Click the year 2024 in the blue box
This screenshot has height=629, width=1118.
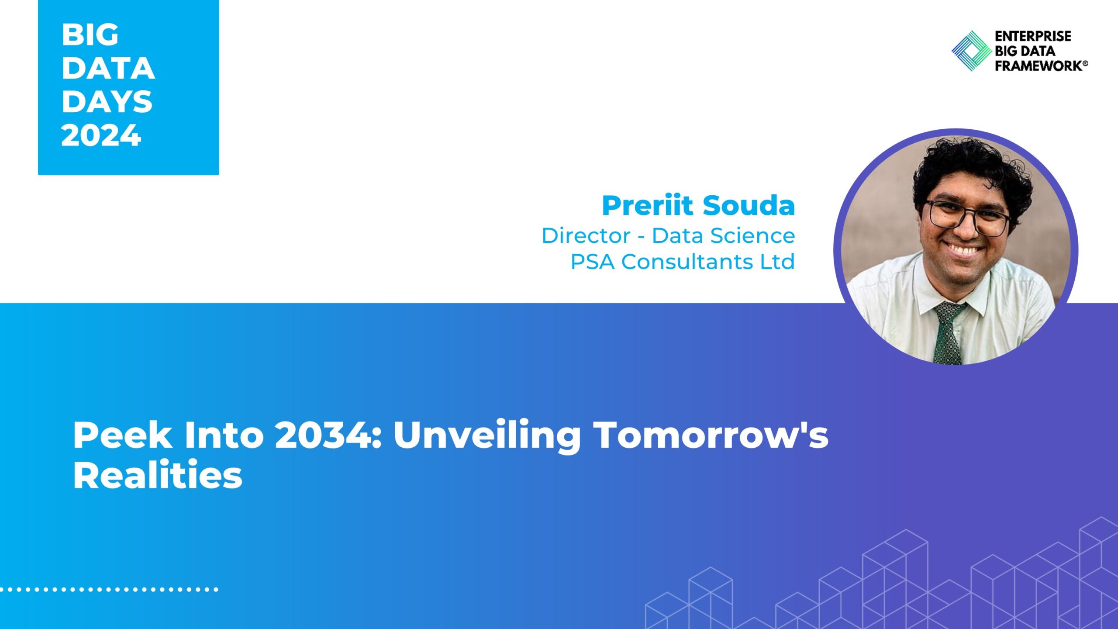point(101,135)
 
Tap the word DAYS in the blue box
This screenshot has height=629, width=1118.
point(107,101)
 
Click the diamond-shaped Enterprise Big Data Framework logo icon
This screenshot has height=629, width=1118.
point(971,51)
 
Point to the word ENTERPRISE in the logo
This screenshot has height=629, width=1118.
point(1033,36)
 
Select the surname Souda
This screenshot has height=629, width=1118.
point(749,205)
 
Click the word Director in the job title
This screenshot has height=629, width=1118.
point(586,236)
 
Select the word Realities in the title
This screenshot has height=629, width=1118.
point(158,475)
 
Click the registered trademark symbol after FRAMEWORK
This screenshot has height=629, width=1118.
point(1085,63)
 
